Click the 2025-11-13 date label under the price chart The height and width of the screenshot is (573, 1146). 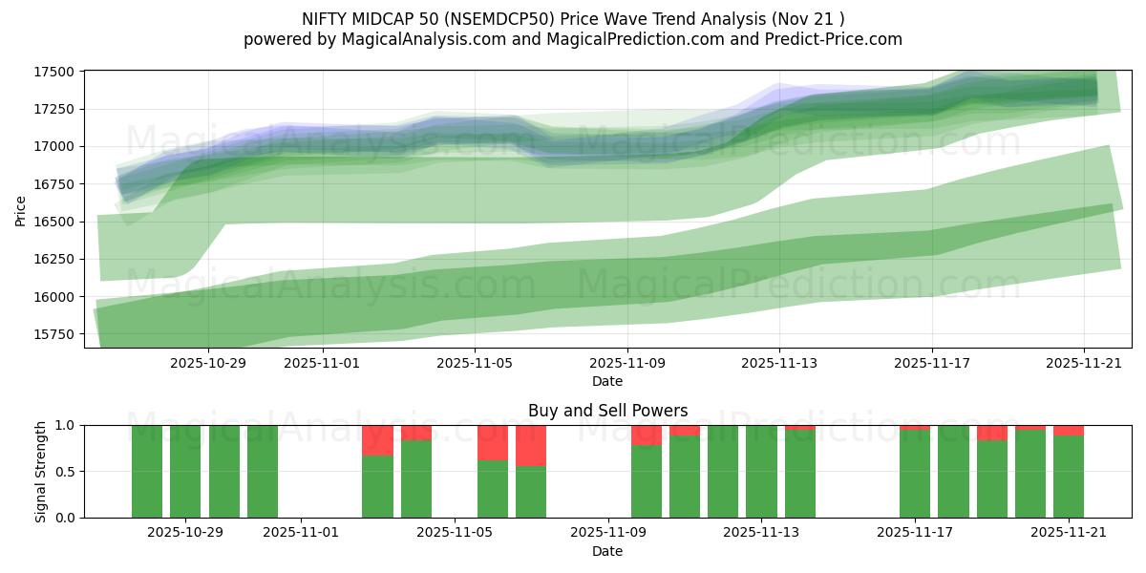[x=779, y=363]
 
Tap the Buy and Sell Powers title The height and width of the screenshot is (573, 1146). [x=607, y=411]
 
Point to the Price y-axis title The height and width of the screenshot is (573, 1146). [x=21, y=211]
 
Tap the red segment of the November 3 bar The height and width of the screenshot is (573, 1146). [x=377, y=440]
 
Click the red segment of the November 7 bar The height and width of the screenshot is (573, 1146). [x=531, y=445]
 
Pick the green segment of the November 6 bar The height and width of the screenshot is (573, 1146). [x=493, y=489]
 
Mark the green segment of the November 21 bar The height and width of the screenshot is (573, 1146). [x=1069, y=477]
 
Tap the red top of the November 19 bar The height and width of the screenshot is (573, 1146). [x=992, y=433]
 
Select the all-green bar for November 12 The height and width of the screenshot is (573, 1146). [x=723, y=472]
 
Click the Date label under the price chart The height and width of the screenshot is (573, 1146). [x=607, y=381]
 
